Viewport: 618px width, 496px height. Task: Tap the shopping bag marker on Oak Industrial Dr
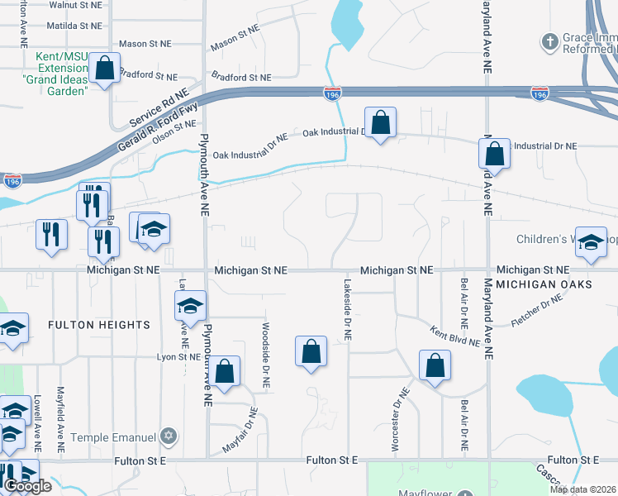pos(380,123)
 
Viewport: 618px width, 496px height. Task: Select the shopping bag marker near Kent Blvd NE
pos(435,366)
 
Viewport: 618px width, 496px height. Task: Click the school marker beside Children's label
pos(590,242)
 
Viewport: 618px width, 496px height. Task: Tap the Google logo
pos(28,486)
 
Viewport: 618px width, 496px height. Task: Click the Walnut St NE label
pos(76,5)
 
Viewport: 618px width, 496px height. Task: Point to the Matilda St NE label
pos(75,26)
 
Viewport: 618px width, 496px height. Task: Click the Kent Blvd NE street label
pos(454,336)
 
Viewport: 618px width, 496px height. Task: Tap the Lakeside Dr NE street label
pos(348,310)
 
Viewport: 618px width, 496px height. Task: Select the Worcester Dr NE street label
pos(395,420)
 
